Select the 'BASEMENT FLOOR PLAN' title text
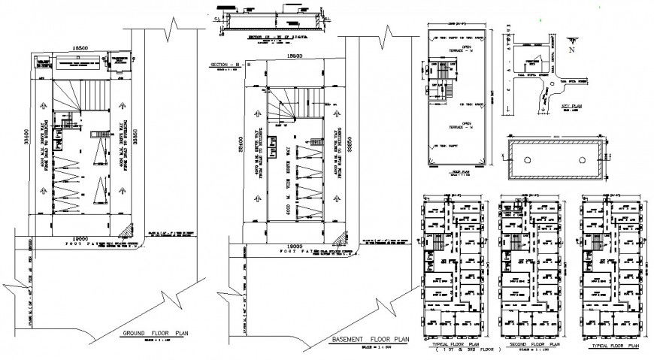tap(369, 340)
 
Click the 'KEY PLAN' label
tap(574, 107)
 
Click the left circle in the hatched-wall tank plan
tap(528, 160)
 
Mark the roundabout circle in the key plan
tap(555, 83)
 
